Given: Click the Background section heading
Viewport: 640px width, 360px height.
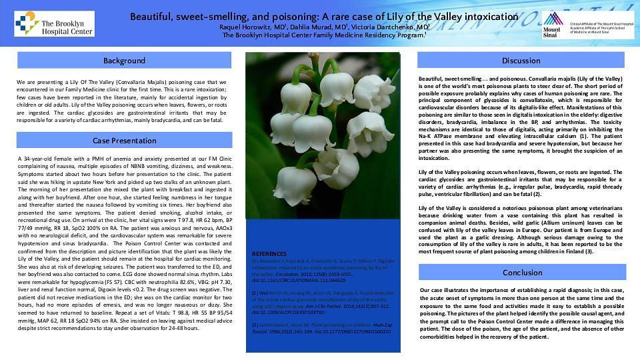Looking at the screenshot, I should pos(124,61).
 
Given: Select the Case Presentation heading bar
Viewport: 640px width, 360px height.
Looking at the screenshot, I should pos(124,141).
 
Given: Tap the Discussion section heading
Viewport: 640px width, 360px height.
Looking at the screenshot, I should pos(521,61).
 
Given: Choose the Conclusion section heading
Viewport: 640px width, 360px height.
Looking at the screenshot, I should pos(522,272).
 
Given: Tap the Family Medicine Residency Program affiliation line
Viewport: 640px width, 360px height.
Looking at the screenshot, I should pos(323,35).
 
